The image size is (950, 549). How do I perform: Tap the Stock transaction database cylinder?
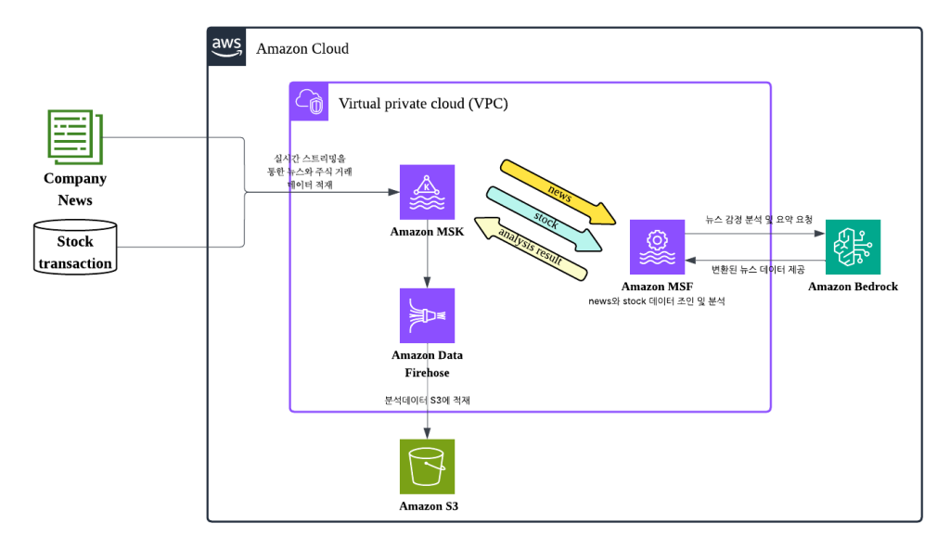[76, 248]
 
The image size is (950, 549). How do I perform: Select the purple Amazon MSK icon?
[427, 192]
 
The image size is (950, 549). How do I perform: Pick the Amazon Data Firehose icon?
[427, 315]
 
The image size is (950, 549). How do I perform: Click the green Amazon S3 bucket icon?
[427, 466]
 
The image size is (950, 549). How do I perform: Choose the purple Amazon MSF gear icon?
[657, 248]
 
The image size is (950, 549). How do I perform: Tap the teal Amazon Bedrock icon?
[853, 247]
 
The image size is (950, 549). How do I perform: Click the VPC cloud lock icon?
[309, 102]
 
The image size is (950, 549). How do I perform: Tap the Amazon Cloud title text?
[302, 48]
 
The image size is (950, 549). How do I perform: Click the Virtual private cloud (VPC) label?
[423, 103]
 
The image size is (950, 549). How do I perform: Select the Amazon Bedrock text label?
[853, 287]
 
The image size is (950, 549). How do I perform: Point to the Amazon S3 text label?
[428, 506]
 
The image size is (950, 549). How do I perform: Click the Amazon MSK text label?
[427, 231]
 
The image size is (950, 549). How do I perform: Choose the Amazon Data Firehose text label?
[427, 364]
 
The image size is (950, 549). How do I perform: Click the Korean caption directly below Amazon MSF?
[656, 301]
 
